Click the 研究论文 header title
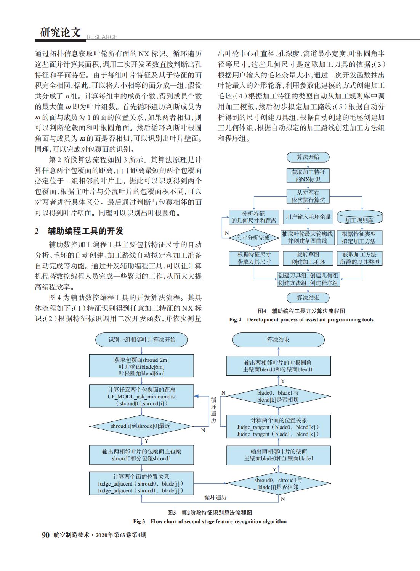pos(60,33)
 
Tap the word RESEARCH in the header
pos(102,37)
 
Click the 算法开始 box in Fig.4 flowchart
pos(308,157)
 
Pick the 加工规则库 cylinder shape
pos(359,218)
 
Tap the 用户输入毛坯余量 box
pos(308,217)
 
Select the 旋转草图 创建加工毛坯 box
pos(308,258)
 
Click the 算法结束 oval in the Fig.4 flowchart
pos(308,298)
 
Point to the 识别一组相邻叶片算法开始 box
pos(142,339)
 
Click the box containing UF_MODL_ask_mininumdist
pos(142,397)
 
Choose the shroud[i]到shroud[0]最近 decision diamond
pos(141,426)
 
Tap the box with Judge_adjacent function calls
pos(141,484)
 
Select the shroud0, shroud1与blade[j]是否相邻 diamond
pos(278,484)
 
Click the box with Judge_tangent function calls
pos(278,427)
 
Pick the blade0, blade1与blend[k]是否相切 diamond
pos(278,396)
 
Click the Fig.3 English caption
pos(210,521)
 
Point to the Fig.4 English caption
pos(301,319)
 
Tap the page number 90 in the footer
pos(45,535)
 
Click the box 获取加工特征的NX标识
pos(308,176)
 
